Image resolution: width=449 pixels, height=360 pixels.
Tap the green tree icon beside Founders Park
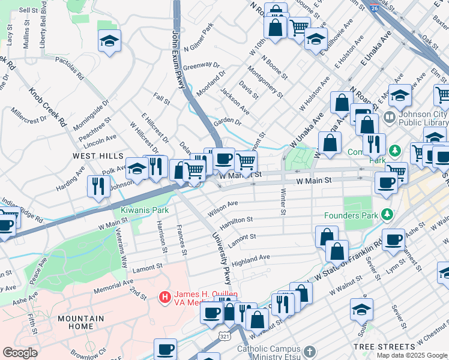387,214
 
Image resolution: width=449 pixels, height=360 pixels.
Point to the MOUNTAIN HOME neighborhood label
80,322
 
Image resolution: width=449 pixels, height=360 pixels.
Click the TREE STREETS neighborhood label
384,347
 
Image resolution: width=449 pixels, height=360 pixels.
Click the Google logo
20,353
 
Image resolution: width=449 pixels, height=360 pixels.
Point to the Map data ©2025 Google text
412,355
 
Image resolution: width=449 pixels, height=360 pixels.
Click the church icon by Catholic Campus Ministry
309,350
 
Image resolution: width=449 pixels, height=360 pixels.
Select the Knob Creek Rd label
49,108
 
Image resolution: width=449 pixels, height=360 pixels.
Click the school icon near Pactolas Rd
109,41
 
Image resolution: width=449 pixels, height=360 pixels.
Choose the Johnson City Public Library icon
390,116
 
